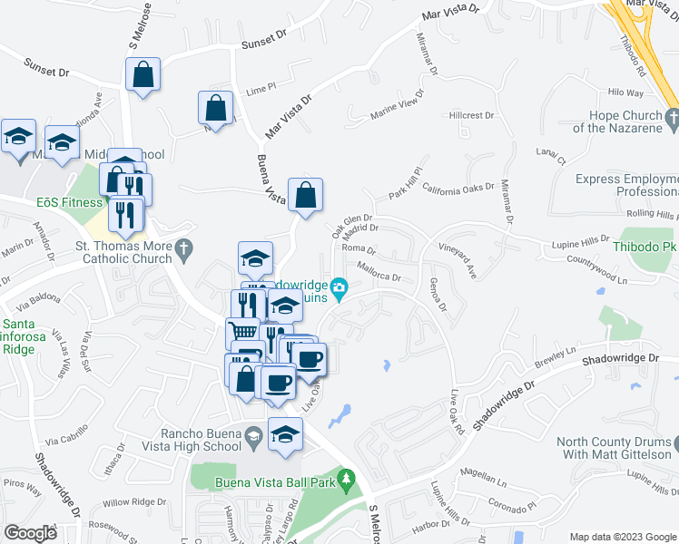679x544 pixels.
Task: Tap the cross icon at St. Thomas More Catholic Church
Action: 183,248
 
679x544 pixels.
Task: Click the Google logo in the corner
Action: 30,533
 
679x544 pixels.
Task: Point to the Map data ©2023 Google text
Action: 622,536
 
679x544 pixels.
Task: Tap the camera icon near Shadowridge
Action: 339,289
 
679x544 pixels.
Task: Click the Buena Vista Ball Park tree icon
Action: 345,480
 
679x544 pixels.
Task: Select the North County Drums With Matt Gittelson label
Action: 617,450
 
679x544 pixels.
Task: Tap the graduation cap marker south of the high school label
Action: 286,434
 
